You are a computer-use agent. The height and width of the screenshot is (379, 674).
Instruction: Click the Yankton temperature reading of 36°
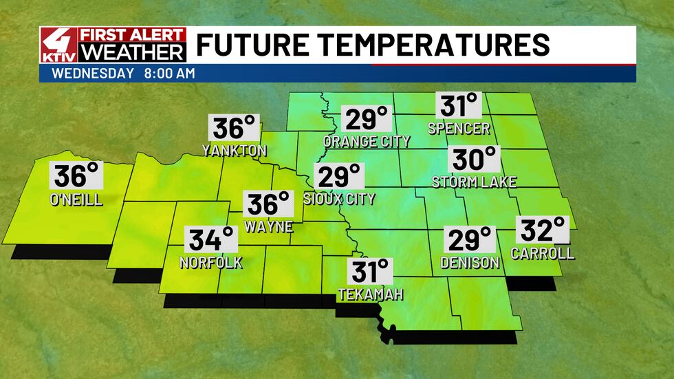click(x=235, y=129)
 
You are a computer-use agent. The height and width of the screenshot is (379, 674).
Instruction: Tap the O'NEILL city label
click(x=77, y=200)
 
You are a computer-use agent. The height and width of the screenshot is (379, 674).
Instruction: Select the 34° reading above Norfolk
click(x=212, y=241)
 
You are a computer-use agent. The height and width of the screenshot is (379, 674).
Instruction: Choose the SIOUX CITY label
click(x=339, y=199)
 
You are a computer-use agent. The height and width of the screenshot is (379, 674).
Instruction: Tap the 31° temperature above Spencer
click(x=459, y=107)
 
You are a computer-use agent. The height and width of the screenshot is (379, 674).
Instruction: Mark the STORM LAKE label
click(x=474, y=182)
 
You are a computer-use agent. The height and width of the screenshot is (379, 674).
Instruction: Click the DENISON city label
click(x=470, y=262)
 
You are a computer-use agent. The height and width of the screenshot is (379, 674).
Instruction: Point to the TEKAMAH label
click(x=370, y=294)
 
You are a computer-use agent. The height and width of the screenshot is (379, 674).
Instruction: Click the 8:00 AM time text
click(x=170, y=73)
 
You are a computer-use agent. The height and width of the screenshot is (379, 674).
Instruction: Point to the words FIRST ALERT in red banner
click(x=133, y=35)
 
